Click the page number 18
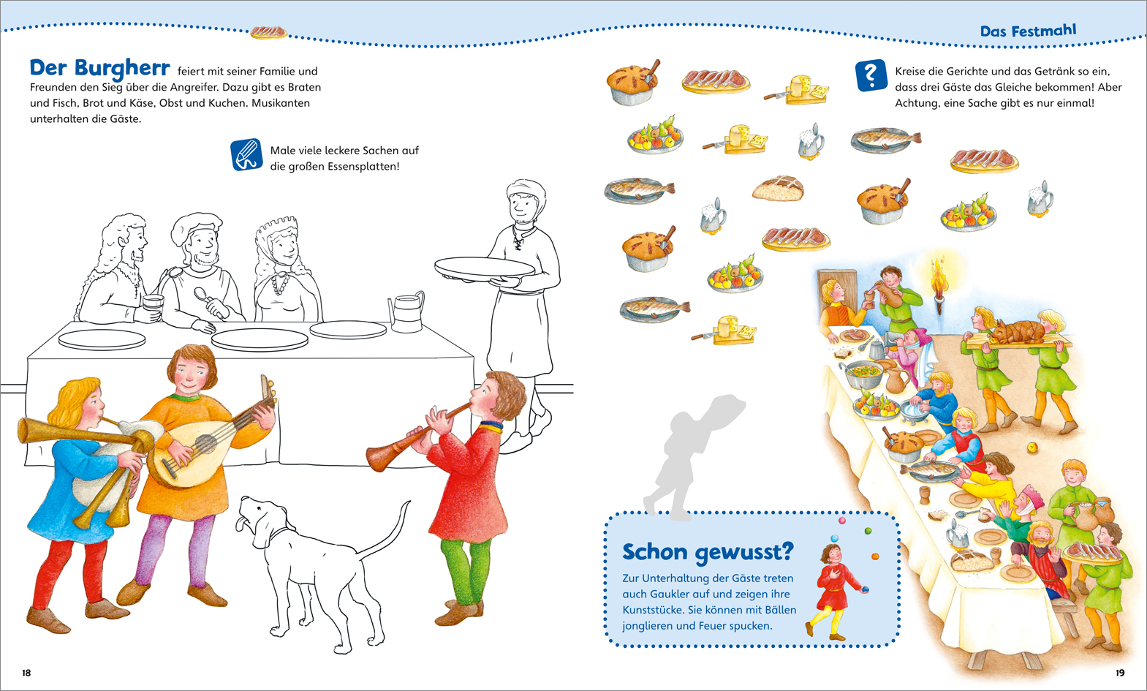pos(26,673)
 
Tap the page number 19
pos(1120,673)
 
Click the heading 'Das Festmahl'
pos(1028,31)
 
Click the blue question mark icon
pos(871,75)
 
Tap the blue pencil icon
pos(246,154)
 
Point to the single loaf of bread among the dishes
pos(778,188)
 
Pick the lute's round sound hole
pos(206,444)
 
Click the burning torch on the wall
pos(939,284)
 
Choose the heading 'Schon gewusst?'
pos(707,551)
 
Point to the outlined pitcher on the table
pos(406,312)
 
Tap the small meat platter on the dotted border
pos(268,33)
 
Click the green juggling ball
pos(868,531)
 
